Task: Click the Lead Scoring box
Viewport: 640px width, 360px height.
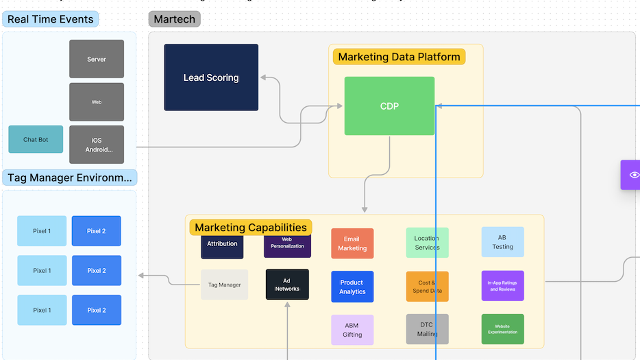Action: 211,77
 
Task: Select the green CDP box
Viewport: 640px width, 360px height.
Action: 389,106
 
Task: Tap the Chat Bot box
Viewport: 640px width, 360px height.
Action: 36,139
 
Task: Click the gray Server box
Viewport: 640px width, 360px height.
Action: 97,59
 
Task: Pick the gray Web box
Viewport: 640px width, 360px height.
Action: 97,102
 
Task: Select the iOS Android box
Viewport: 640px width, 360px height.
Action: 97,145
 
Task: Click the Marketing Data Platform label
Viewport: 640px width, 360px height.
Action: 399,57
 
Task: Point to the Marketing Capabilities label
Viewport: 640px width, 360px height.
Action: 250,228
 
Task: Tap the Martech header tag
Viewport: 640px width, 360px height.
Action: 175,19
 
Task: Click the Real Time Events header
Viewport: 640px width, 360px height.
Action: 51,19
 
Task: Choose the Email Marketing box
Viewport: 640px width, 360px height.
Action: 352,243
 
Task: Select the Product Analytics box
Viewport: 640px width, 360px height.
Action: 352,287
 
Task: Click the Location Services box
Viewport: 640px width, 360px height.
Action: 427,243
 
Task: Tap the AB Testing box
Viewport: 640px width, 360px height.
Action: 502,242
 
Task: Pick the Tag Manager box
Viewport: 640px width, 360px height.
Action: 224,285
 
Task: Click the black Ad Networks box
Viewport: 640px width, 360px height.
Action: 287,285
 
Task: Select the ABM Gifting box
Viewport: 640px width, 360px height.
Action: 352,330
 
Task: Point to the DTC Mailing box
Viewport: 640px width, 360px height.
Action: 427,329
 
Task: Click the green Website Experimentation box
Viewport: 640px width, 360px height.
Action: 502,329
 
